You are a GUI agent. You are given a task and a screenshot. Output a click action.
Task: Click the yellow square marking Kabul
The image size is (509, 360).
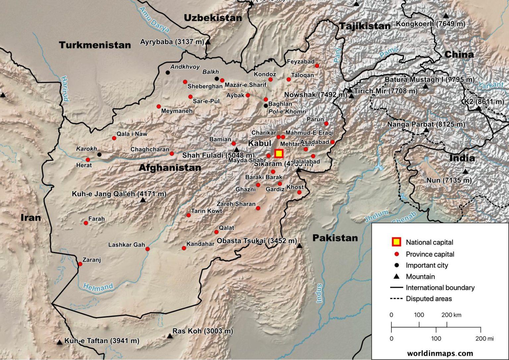click(x=279, y=153)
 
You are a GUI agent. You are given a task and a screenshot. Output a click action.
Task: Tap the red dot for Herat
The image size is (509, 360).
click(x=88, y=160)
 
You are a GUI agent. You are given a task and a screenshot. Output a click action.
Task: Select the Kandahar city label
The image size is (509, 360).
click(x=200, y=244)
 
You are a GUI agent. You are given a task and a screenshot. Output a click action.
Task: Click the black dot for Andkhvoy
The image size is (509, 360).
click(x=168, y=73)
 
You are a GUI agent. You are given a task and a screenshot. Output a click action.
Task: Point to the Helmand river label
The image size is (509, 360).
click(x=98, y=287)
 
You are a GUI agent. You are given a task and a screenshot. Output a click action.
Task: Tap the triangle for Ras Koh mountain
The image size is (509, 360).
click(x=170, y=336)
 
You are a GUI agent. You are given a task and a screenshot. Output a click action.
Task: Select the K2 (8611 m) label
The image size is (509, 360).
click(x=484, y=102)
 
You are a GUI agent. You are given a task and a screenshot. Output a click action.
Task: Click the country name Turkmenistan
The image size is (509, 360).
click(x=95, y=45)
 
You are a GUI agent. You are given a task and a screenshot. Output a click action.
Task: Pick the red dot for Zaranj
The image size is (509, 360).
click(x=80, y=264)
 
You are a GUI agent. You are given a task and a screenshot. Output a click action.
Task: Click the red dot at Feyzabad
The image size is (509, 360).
click(x=317, y=66)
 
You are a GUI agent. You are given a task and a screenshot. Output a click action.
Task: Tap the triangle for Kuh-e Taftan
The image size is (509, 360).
click(x=59, y=342)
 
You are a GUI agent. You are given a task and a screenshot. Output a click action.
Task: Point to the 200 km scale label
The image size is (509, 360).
click(x=451, y=315)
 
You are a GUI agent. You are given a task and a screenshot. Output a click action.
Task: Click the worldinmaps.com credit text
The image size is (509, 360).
click(x=440, y=353)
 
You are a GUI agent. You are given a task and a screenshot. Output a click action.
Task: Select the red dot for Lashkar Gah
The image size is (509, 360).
click(x=147, y=249)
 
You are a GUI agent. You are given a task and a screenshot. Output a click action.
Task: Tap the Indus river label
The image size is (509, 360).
click(x=319, y=293)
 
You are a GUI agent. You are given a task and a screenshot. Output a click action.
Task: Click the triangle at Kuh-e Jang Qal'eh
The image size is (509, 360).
click(x=143, y=200)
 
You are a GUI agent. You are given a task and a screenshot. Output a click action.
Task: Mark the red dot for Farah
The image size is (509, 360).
click(x=86, y=223)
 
